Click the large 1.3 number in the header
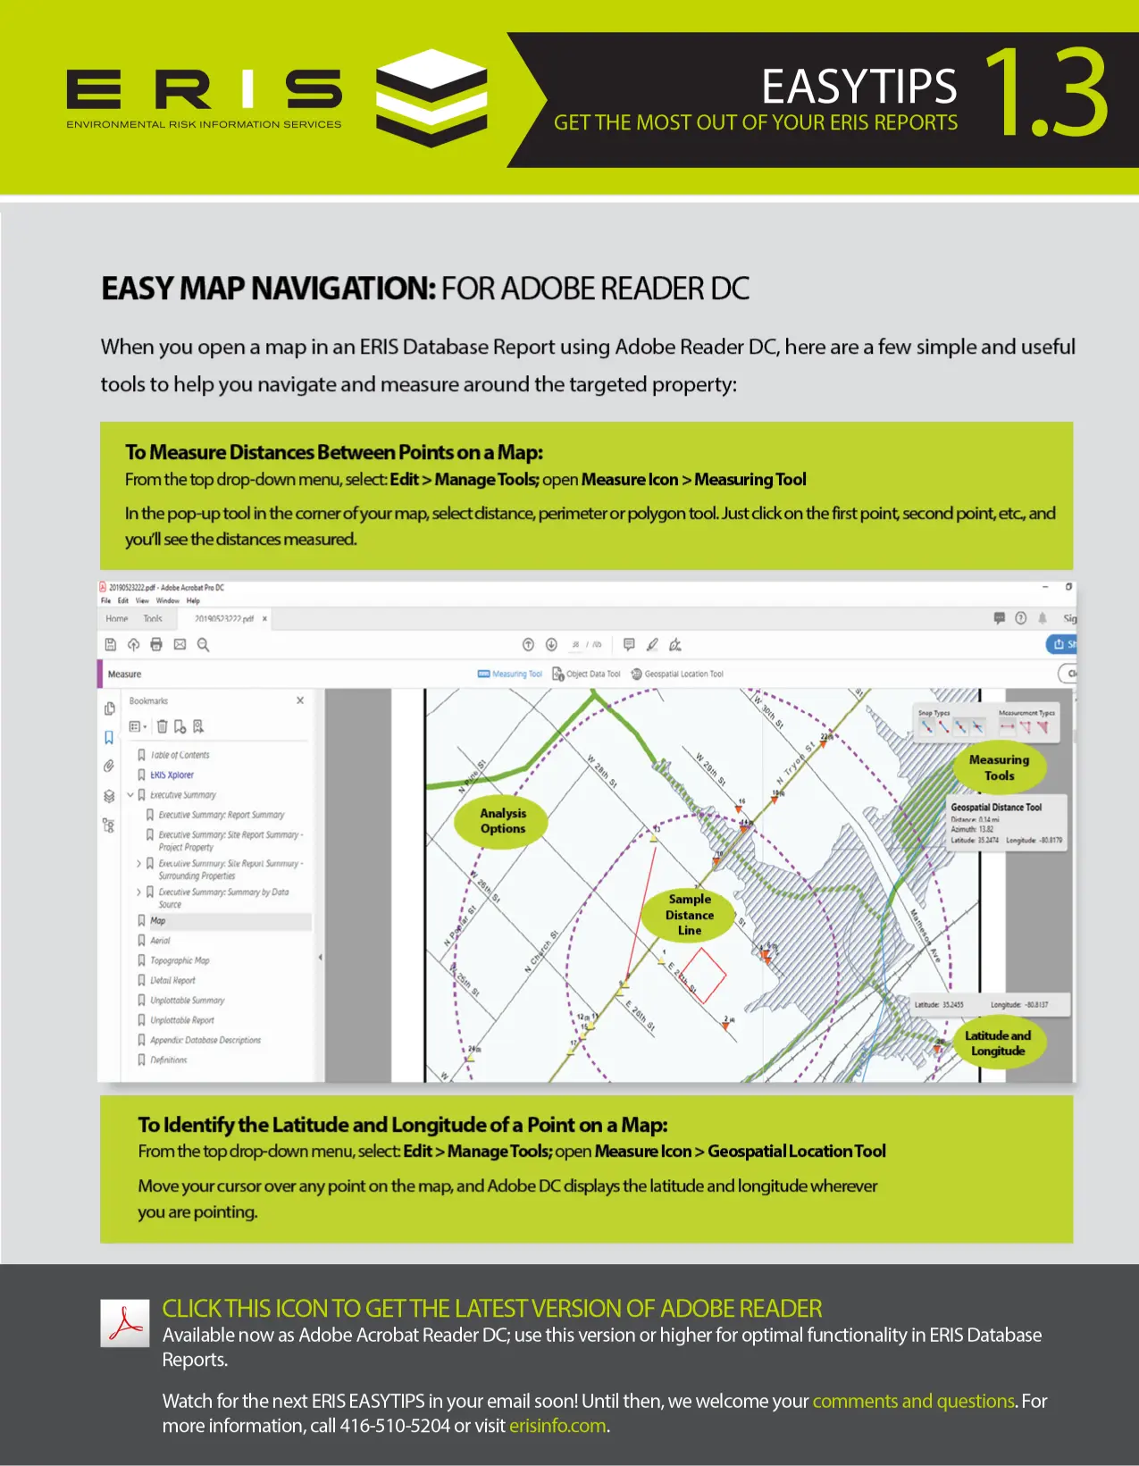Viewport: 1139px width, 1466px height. pyautogui.click(x=1046, y=94)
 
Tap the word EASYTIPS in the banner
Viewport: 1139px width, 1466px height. pyautogui.click(x=858, y=87)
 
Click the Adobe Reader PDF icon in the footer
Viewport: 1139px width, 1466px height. pyautogui.click(x=124, y=1323)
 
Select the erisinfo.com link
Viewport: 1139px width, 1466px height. pyautogui.click(x=557, y=1426)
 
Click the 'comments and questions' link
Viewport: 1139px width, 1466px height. pyautogui.click(x=913, y=1401)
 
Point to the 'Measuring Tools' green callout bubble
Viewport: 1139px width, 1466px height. pyautogui.click(x=999, y=767)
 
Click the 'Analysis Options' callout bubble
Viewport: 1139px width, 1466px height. pyautogui.click(x=503, y=821)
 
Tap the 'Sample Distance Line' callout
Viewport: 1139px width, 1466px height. pyautogui.click(x=689, y=915)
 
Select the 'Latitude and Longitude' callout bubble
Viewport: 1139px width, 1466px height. pyautogui.click(x=998, y=1043)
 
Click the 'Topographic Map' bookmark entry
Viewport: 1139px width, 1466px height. pyautogui.click(x=179, y=960)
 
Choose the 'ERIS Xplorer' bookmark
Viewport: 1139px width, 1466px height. pyautogui.click(x=172, y=775)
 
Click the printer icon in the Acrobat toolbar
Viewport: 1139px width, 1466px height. pyautogui.click(x=156, y=644)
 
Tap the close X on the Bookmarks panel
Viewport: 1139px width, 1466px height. pyautogui.click(x=300, y=700)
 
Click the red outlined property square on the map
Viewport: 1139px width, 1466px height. pyautogui.click(x=704, y=975)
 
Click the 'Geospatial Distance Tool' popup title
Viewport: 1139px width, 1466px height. pyautogui.click(x=996, y=807)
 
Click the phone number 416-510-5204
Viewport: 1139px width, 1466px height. pyautogui.click(x=395, y=1426)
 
